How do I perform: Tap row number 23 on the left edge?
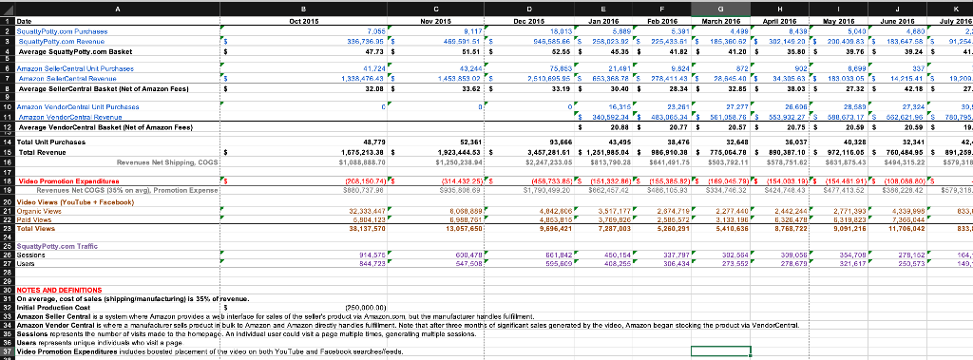point(6,229)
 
